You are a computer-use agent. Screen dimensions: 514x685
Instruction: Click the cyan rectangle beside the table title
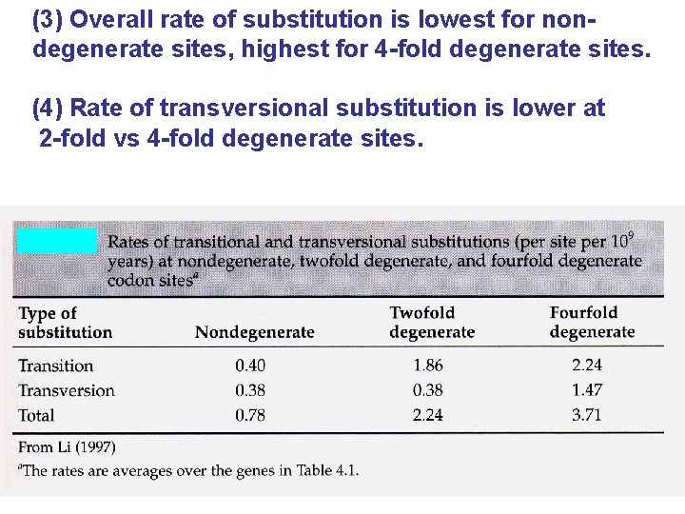[57, 241]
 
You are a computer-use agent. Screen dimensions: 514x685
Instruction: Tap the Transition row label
[56, 366]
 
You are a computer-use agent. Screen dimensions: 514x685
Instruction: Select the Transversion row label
[67, 390]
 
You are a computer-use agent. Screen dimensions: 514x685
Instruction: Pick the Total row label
[37, 415]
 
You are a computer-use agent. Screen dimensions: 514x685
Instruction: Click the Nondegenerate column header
[254, 332]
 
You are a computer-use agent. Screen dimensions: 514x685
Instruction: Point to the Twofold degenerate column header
[432, 323]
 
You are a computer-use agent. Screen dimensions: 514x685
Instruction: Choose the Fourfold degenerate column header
[592, 323]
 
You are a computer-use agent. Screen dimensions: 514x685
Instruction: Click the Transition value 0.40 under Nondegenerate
[250, 366]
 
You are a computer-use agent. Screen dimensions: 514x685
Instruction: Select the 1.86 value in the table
[427, 366]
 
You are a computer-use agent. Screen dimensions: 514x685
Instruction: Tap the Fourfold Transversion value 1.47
[587, 390]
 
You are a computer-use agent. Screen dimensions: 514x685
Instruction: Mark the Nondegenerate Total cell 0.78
[250, 415]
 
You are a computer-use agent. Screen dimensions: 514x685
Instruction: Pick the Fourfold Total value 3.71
[587, 415]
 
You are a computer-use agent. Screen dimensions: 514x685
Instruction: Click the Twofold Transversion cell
[427, 390]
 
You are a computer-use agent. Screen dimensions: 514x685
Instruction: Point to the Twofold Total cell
[427, 415]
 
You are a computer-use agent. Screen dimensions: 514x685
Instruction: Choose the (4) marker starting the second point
[48, 109]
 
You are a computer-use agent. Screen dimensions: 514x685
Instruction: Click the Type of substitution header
[65, 323]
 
